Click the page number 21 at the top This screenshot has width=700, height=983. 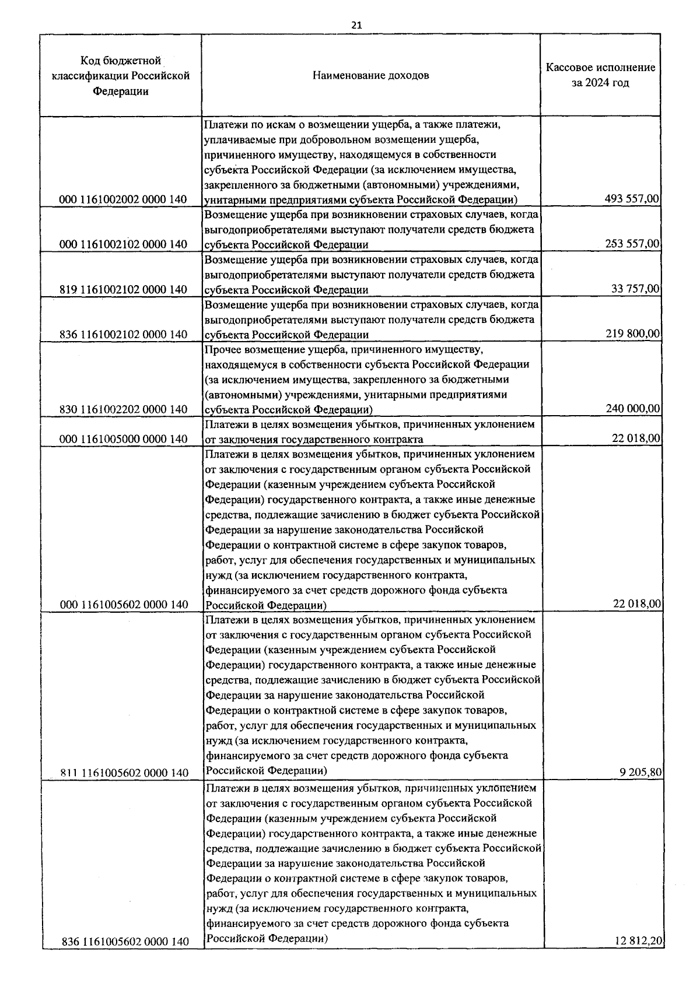click(356, 25)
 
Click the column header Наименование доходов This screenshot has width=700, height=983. click(371, 75)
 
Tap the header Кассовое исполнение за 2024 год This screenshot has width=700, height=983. click(600, 75)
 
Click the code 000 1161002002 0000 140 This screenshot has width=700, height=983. click(123, 199)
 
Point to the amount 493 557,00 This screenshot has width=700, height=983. click(632, 199)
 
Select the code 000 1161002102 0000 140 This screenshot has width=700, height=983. click(123, 244)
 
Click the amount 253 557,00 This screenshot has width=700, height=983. click(632, 244)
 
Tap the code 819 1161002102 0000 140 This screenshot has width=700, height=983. click(123, 289)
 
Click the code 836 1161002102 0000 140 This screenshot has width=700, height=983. click(123, 334)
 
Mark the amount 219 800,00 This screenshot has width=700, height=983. click(632, 333)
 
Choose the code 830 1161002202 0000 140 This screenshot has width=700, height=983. click(123, 409)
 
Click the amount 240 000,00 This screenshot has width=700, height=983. click(632, 409)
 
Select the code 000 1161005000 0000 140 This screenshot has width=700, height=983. click(123, 439)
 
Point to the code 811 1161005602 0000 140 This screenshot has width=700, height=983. click(124, 773)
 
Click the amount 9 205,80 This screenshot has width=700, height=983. click(640, 773)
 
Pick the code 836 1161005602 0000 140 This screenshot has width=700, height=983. click(124, 942)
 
